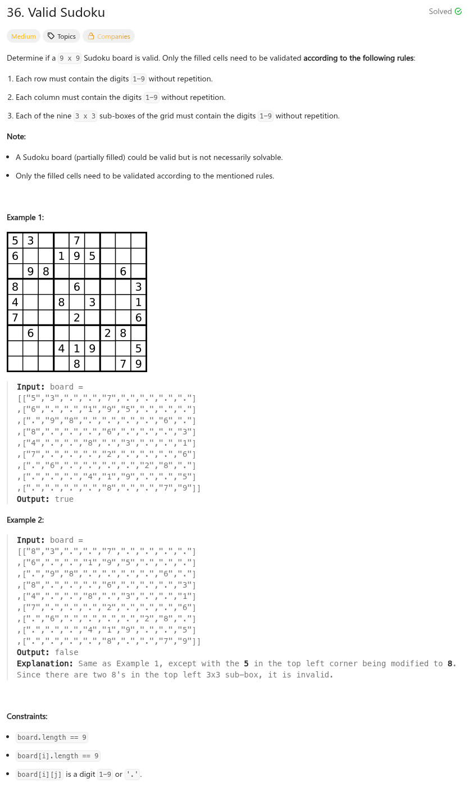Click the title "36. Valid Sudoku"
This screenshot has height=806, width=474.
[x=56, y=12]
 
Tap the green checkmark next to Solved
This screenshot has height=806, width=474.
[x=458, y=11]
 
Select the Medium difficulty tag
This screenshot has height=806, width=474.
[x=24, y=36]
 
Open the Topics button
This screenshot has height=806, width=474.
[x=61, y=36]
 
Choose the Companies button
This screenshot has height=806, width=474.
[x=108, y=36]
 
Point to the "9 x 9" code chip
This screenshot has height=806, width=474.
[x=70, y=58]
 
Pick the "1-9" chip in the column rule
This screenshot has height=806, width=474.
[x=152, y=98]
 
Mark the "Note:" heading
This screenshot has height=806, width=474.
[x=16, y=136]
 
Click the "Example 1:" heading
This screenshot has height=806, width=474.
[x=25, y=217]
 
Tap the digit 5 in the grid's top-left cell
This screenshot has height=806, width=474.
[x=15, y=241]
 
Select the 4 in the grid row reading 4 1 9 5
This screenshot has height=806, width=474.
[x=61, y=349]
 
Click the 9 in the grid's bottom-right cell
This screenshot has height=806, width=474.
[x=138, y=364]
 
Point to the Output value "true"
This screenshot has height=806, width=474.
[x=64, y=499]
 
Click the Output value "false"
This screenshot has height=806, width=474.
[x=66, y=652]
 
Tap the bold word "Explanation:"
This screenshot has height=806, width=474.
[x=45, y=663]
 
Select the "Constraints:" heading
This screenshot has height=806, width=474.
[x=27, y=716]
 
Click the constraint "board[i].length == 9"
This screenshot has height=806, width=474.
[x=58, y=756]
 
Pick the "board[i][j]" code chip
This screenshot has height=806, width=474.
[x=39, y=775]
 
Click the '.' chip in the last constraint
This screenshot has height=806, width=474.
[x=133, y=775]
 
